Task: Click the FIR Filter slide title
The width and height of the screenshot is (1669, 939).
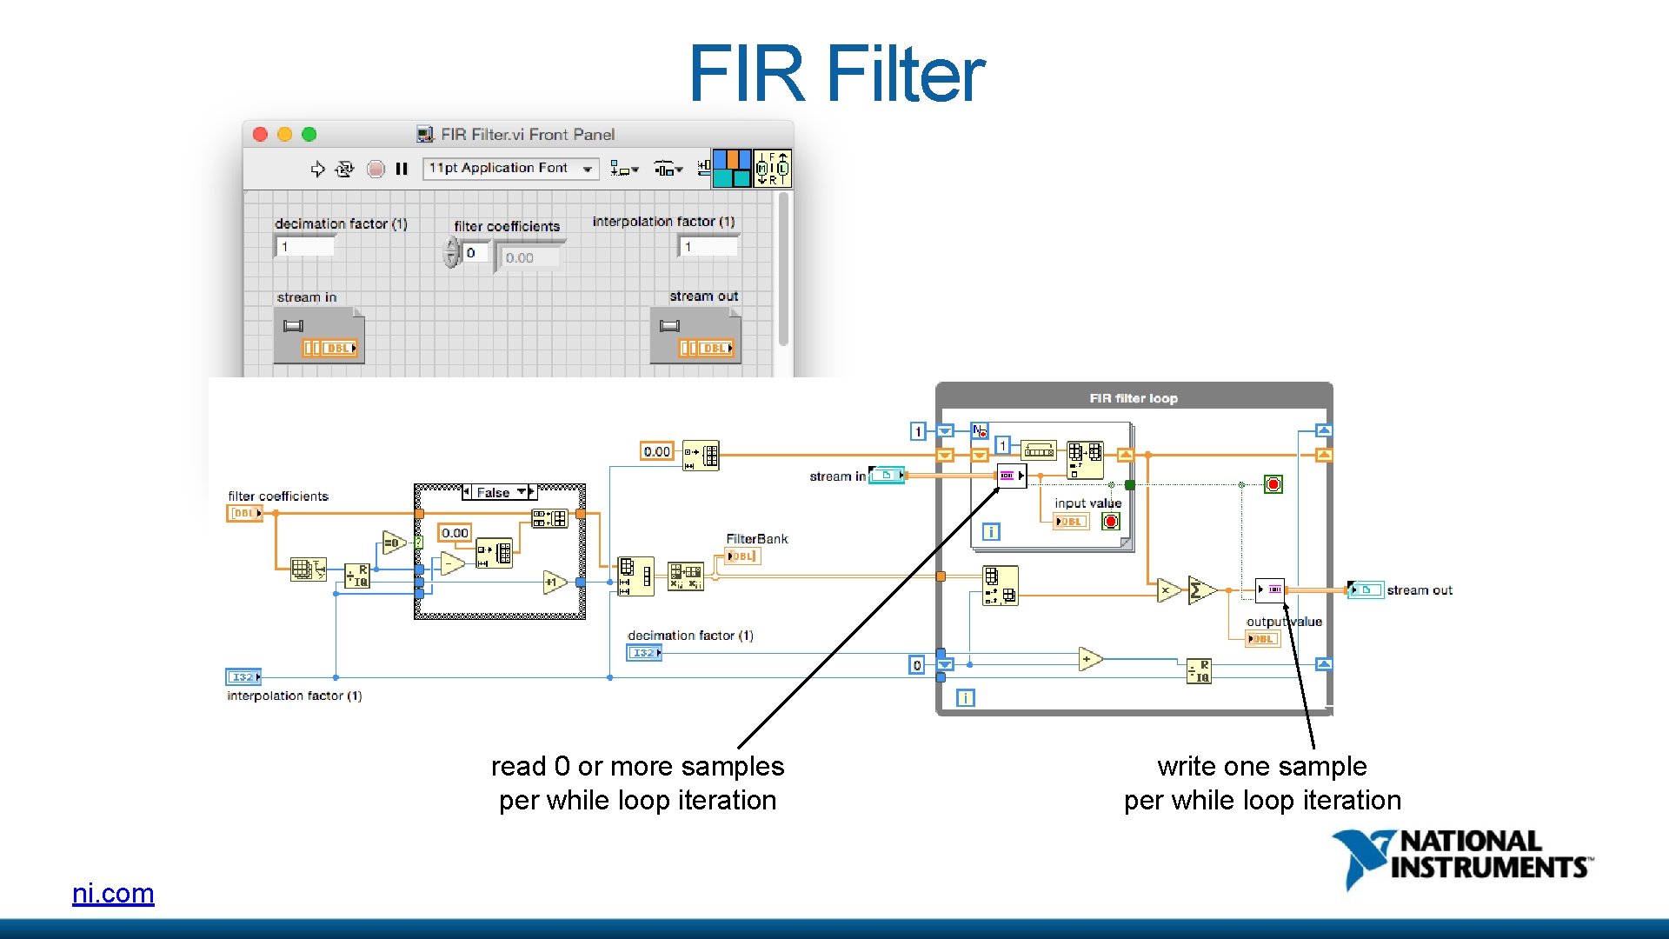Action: tap(836, 74)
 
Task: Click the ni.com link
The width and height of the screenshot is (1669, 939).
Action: tap(113, 893)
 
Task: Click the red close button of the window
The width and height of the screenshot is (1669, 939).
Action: tap(260, 134)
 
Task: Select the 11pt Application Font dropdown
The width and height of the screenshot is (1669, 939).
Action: tap(511, 168)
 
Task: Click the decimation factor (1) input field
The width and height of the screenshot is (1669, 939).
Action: tap(305, 247)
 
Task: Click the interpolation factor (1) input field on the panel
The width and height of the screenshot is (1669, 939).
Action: tap(708, 247)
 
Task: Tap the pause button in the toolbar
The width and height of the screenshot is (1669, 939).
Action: tap(402, 169)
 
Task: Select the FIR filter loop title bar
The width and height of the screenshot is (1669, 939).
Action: tap(1134, 398)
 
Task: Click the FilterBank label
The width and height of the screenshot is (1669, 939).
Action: tap(756, 539)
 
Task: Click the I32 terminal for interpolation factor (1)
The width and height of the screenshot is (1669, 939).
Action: tap(243, 676)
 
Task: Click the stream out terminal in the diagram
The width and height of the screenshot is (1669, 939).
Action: tap(1365, 589)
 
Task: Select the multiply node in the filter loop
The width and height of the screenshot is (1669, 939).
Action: tap(1167, 590)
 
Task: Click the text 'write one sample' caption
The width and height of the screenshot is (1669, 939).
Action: tap(1261, 766)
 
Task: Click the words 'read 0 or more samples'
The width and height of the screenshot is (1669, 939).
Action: tap(637, 766)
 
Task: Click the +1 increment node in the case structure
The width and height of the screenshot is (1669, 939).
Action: tap(554, 582)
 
